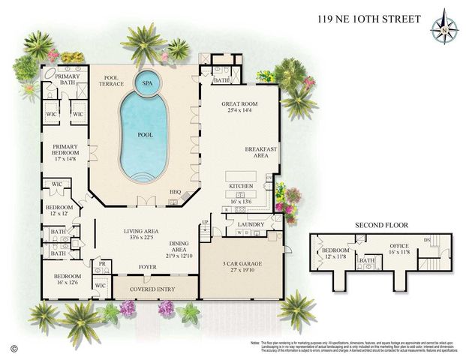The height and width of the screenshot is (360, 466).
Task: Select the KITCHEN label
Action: pos(241,184)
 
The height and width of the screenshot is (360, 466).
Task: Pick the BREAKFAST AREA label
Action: pos(261,153)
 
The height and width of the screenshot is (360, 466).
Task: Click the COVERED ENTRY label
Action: pos(152,289)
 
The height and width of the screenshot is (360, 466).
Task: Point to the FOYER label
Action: pos(147,266)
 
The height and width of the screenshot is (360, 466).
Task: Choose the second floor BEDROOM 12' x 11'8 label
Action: pos(336,253)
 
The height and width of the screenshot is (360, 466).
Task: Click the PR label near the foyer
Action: pos(101,263)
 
